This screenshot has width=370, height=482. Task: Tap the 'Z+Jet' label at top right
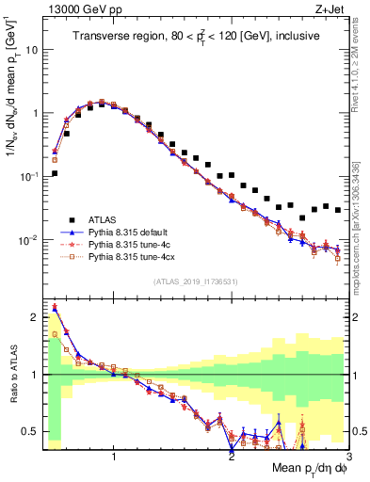pyautogui.click(x=330, y=9)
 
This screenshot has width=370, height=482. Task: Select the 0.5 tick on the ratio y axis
pyautogui.click(x=32, y=432)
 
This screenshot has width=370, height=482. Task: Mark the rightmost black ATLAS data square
pyautogui.click(x=338, y=210)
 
